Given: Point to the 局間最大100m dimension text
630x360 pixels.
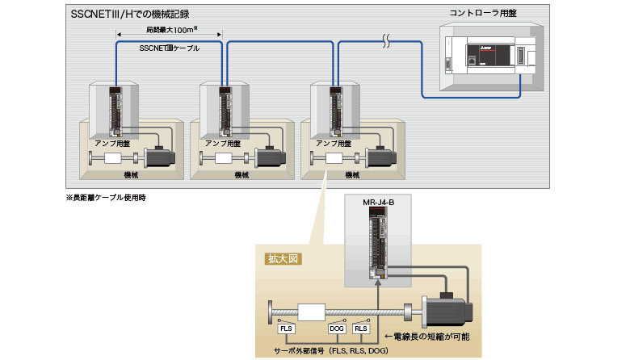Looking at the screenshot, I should (x=171, y=31).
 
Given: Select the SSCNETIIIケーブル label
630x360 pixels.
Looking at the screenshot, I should (x=170, y=48).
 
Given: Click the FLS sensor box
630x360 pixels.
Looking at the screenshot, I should (x=286, y=329).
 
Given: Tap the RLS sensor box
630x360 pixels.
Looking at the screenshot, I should (x=362, y=329).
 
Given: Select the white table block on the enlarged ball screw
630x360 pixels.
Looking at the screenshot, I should (x=311, y=311).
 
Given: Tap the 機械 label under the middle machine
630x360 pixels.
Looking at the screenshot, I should (x=241, y=174).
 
